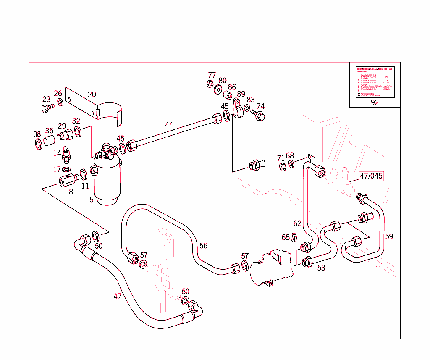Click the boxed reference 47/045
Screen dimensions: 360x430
pos(371,176)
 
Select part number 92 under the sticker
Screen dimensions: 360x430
pos(375,102)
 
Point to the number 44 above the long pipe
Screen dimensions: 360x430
pos(169,125)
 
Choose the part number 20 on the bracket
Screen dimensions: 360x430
pos(92,95)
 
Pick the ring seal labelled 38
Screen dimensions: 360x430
pos(38,144)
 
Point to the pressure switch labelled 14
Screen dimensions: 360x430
pos(66,155)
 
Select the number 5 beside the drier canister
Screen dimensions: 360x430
pos(92,200)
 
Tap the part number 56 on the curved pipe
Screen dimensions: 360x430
pos(203,246)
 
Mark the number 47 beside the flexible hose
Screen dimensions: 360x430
pos(118,296)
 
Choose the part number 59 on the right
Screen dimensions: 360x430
pos(389,236)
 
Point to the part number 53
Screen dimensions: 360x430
pos(321,268)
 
